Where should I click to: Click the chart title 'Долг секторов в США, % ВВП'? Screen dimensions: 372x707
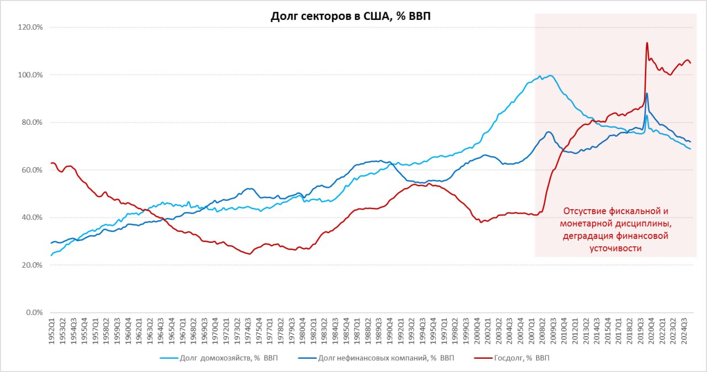(x=351, y=16)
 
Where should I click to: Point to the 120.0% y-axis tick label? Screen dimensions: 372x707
(x=31, y=27)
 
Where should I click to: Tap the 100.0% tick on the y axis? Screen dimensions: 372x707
(x=31, y=75)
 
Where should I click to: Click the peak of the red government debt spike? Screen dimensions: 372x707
(x=647, y=42)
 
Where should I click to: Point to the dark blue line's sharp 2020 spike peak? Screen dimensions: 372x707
(x=647, y=93)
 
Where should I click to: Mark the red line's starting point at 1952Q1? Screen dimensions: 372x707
(x=51, y=163)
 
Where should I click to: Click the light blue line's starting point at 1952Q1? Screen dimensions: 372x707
(x=51, y=256)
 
